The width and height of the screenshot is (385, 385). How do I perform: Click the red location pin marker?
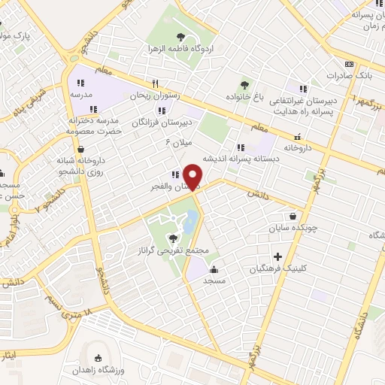click(193, 177)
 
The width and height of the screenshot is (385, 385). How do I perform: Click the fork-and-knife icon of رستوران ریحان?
click(155, 83)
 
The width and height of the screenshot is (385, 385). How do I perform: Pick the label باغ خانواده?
click(243, 97)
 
